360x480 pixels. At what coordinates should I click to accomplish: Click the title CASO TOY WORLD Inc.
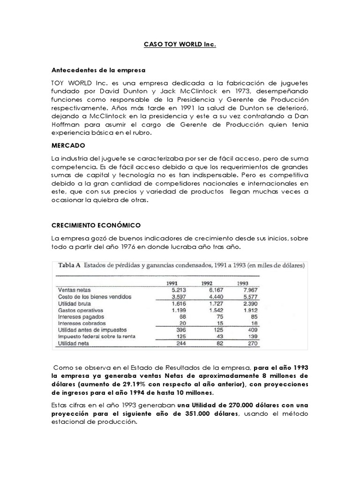click(x=180, y=45)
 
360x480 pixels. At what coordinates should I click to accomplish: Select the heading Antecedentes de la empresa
click(x=98, y=70)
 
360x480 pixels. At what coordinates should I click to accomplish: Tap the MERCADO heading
click(x=68, y=146)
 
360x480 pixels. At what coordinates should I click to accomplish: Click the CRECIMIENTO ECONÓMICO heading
click(x=97, y=225)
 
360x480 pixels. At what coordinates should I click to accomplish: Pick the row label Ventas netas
click(x=74, y=290)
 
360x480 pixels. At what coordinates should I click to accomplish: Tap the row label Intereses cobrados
click(x=82, y=324)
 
